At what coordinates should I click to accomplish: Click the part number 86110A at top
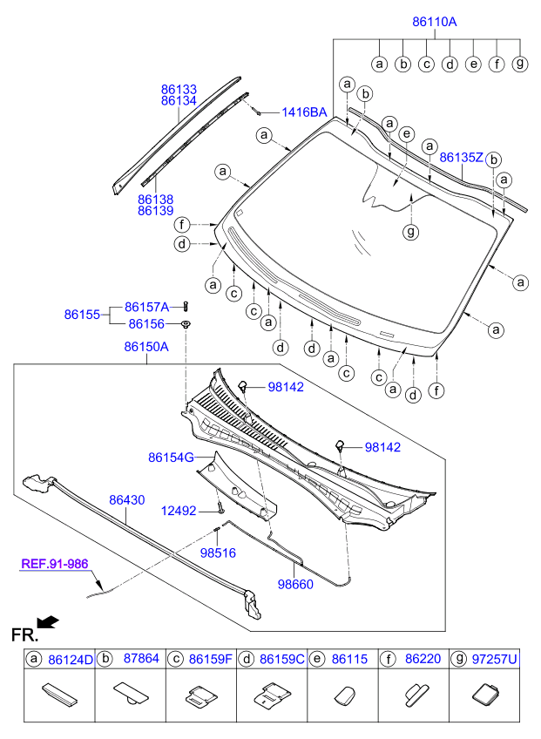coord(434,22)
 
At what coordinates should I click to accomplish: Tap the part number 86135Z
coord(461,158)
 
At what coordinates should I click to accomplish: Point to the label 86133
coord(179,89)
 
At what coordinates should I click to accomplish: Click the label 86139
coord(155,211)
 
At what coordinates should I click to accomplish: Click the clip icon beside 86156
coord(186,324)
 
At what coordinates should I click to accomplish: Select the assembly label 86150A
coord(145,347)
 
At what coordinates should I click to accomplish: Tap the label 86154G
coord(170,457)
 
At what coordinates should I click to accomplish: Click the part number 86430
coord(126,500)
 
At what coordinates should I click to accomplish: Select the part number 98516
coord(217,552)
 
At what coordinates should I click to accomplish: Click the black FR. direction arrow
coord(51,621)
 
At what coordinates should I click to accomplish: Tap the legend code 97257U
coord(495,660)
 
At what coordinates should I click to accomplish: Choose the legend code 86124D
coord(70,660)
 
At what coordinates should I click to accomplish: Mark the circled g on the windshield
coord(410,232)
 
